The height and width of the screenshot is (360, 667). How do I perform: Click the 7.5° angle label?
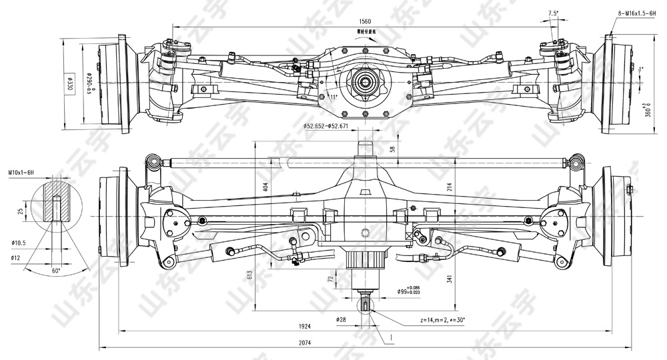tap(553, 13)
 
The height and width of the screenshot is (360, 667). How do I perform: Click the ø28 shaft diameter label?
tap(342, 320)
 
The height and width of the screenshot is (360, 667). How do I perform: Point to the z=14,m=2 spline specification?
tap(442, 320)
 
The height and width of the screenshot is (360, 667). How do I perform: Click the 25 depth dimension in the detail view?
tap(21, 211)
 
